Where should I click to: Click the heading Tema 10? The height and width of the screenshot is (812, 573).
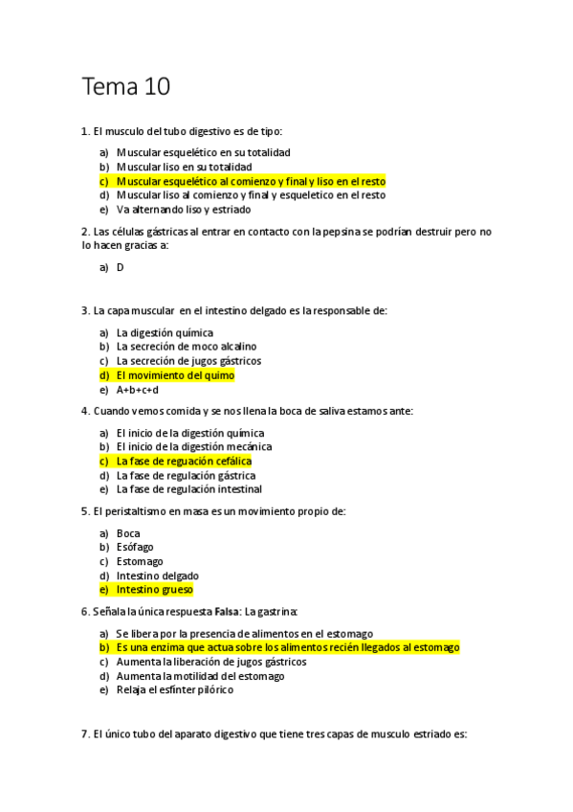tap(126, 87)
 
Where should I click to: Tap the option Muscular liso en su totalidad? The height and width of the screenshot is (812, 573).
tap(184, 167)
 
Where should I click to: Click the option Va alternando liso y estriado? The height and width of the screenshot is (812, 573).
tap(184, 209)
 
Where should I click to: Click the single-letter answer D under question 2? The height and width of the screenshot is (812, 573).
tap(121, 267)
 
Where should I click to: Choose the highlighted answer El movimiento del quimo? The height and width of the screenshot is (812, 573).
tap(175, 375)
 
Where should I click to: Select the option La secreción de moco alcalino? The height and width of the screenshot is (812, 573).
tap(187, 347)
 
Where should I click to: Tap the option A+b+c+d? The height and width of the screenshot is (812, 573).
tap(138, 390)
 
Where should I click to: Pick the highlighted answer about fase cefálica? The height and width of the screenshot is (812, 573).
tap(184, 461)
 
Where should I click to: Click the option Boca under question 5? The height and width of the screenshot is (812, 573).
tap(128, 532)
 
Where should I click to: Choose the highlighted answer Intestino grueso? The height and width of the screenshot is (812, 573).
tap(154, 590)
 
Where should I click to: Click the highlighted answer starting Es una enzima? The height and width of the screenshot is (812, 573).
tap(287, 647)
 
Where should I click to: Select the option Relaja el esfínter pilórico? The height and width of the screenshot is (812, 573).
tap(174, 689)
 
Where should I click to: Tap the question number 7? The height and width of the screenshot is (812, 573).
tap(85, 734)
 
